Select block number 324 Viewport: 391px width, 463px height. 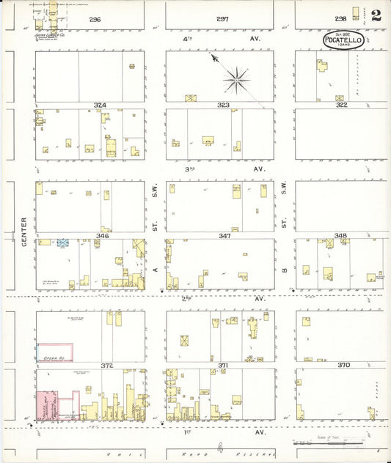[x=100, y=105]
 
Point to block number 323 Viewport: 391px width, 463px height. [x=223, y=105]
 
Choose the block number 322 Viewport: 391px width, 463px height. [x=341, y=105]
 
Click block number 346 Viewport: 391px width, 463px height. [x=103, y=236]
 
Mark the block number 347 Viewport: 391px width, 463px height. [x=224, y=236]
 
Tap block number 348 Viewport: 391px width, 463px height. [x=340, y=236]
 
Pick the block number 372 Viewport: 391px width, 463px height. [x=108, y=365]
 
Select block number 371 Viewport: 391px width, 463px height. [x=224, y=364]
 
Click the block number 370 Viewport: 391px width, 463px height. [x=342, y=364]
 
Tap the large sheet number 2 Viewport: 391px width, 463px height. [x=376, y=15]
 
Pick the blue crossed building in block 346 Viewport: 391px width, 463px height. [x=63, y=241]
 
